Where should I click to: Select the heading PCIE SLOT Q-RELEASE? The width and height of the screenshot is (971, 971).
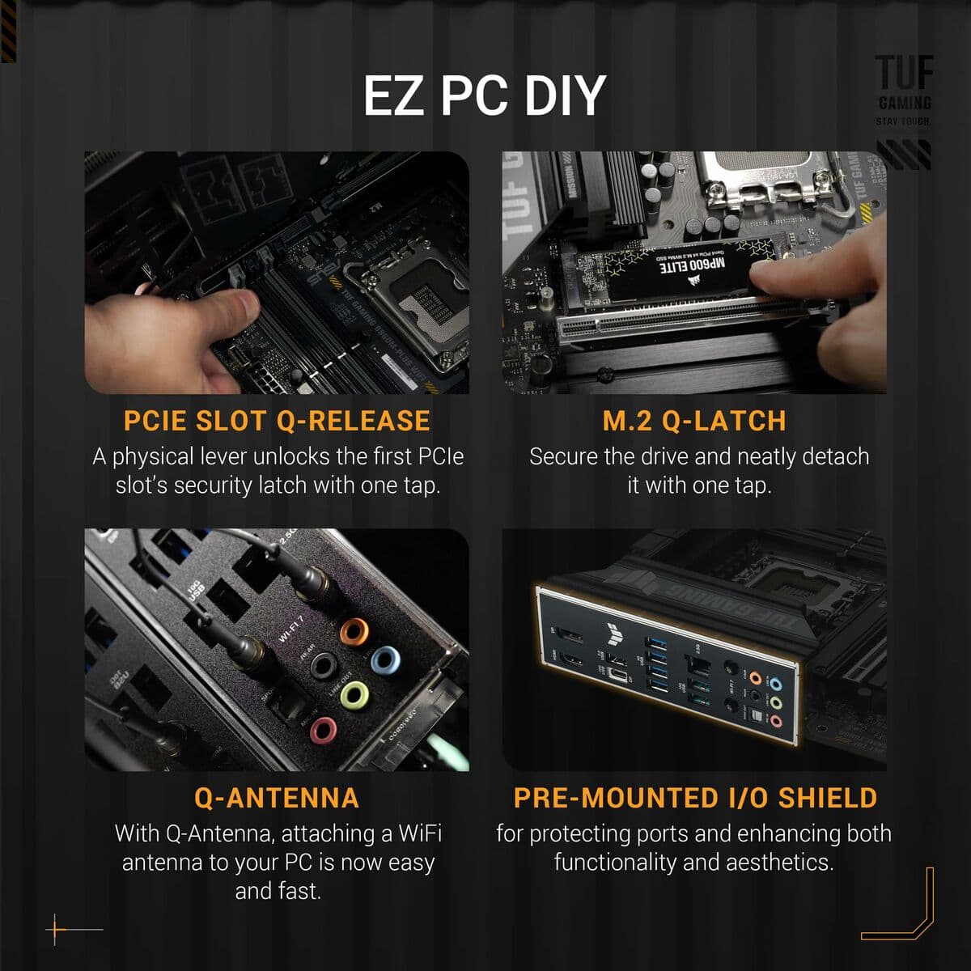point(277,421)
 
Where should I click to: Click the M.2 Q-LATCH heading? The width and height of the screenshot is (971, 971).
point(694,421)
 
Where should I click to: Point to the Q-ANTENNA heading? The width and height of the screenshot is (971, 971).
point(277,798)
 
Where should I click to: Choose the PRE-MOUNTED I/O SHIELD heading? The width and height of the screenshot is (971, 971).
point(695,798)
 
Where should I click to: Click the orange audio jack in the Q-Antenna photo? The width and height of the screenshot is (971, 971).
point(354,630)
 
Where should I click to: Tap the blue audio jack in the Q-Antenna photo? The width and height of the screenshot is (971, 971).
point(385,660)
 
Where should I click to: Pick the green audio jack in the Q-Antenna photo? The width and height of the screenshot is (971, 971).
point(354,694)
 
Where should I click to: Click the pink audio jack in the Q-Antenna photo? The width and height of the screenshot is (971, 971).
point(323,730)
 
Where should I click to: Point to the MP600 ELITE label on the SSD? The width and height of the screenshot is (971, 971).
point(695,265)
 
